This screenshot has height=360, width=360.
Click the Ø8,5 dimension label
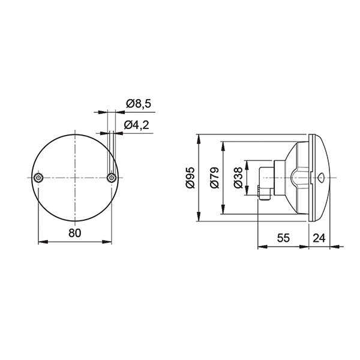tap(138, 104)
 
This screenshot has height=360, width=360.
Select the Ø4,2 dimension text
tap(138, 125)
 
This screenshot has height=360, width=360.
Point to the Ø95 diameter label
tap(190, 178)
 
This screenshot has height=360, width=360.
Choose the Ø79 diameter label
tap(214, 178)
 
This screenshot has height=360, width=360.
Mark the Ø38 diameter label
tap(238, 178)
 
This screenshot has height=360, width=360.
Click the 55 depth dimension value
tap(284, 238)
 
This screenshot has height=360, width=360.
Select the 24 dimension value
tap(319, 238)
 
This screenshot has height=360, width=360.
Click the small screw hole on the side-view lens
tap(320, 178)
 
